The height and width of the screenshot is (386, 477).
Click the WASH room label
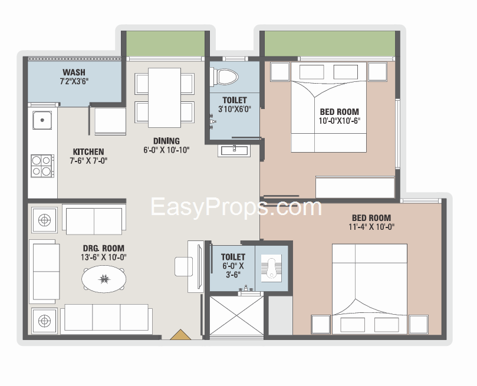pos(74,72)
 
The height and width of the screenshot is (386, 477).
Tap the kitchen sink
pos(42,120)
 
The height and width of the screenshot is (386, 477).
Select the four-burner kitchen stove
pos(42,166)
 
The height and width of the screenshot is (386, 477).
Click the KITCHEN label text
pos(88,151)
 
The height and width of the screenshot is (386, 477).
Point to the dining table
pos(165,98)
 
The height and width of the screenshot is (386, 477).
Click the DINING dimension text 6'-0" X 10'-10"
pos(166,150)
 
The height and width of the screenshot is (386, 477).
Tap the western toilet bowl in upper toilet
pos(225,77)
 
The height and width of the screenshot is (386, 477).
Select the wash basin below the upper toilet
pos(234,151)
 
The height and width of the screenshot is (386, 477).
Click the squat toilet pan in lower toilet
pos(271,268)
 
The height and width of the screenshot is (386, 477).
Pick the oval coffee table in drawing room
pos(104,279)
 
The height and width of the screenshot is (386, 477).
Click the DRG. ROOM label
pos(104,248)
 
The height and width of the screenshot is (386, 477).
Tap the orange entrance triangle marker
pos(180,334)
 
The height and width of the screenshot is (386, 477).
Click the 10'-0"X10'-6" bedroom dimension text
pos(340,121)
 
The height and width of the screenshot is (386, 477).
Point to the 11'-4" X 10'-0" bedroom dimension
pos(371,227)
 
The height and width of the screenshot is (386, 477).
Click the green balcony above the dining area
pos(165,44)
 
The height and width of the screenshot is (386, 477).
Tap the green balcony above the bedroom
pos(330,44)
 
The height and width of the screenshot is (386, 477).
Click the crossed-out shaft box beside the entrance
pos(236,316)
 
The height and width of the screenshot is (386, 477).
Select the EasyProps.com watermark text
pos(236,207)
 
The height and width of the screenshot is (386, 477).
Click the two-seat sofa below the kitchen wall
pos(94,219)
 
